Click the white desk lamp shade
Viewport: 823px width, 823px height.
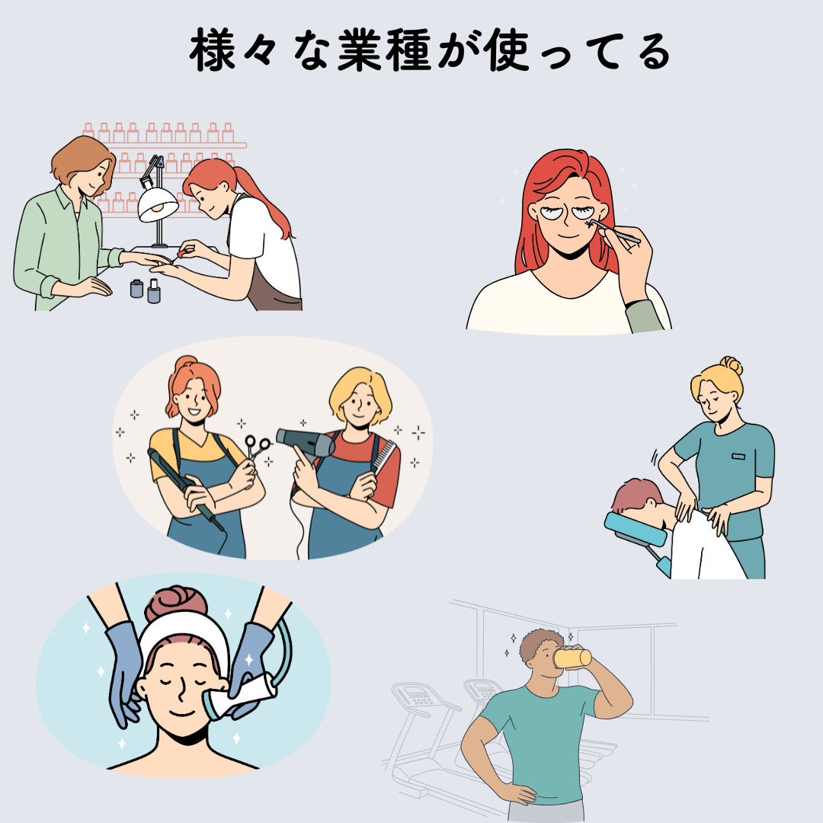(157, 205)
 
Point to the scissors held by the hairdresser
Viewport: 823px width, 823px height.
(256, 448)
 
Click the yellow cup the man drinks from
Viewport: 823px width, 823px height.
(572, 658)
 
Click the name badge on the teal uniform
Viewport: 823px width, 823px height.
(738, 456)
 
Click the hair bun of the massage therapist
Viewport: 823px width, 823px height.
(732, 365)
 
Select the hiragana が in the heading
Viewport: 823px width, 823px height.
(460, 50)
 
